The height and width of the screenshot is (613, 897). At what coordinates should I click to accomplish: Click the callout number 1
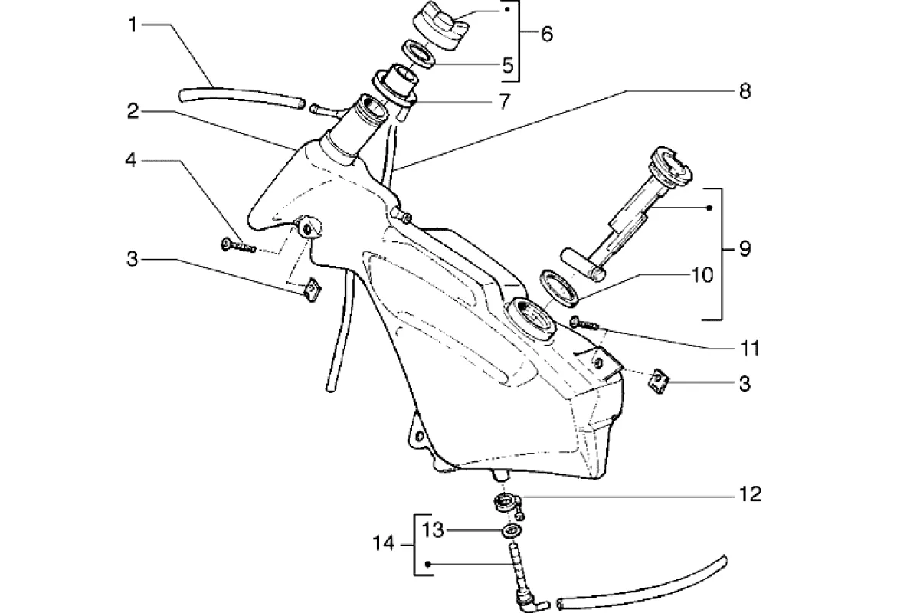pyautogui.click(x=133, y=25)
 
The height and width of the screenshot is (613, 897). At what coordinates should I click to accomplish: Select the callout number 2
pyautogui.click(x=133, y=112)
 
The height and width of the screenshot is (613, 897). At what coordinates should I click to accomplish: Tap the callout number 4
pyautogui.click(x=132, y=160)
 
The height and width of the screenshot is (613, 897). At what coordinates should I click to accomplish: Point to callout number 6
pyautogui.click(x=545, y=34)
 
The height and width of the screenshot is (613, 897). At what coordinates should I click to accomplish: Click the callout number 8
pyautogui.click(x=744, y=91)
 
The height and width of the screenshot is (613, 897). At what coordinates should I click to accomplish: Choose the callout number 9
pyautogui.click(x=744, y=249)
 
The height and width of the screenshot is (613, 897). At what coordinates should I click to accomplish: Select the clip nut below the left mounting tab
pyautogui.click(x=310, y=289)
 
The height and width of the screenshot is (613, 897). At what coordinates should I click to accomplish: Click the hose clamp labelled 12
pyautogui.click(x=508, y=503)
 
